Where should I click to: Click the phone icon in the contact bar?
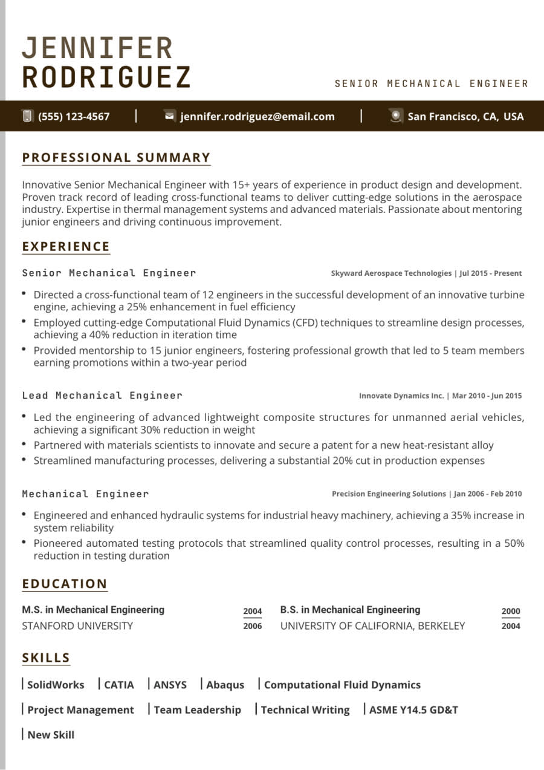tap(27, 116)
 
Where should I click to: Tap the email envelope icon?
tap(170, 116)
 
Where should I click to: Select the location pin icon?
tap(396, 116)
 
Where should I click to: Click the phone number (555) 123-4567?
tap(74, 117)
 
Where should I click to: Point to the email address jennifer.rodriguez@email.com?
tap(257, 117)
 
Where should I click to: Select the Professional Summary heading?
tap(116, 158)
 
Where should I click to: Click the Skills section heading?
tap(47, 658)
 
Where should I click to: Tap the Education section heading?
tap(65, 584)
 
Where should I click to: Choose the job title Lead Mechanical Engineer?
tap(102, 396)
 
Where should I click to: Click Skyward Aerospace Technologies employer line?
tap(426, 273)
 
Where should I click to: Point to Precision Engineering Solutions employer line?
tap(426, 494)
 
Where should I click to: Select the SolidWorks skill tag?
tap(56, 685)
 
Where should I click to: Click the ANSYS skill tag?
tap(170, 685)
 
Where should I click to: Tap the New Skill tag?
tap(51, 735)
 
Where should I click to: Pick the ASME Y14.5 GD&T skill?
tap(413, 710)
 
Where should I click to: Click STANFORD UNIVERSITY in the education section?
tap(77, 626)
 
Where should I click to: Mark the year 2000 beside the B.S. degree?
tap(511, 611)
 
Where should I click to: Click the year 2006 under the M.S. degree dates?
tap(253, 626)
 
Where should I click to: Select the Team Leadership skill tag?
tap(197, 710)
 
